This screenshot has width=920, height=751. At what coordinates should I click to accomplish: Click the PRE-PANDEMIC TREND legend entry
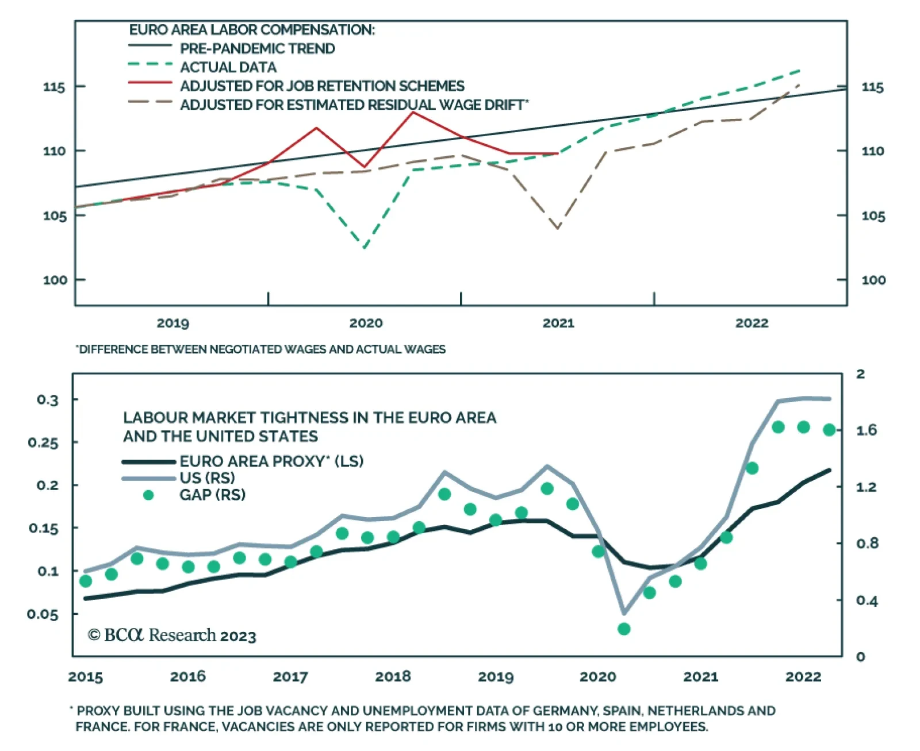click(257, 49)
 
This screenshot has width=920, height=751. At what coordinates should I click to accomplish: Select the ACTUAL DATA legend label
click(228, 68)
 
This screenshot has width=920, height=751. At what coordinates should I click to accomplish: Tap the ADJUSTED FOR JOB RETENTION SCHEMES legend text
click(322, 86)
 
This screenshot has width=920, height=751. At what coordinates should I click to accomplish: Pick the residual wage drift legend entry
click(354, 105)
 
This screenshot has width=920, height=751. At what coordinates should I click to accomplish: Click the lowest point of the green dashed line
click(365, 248)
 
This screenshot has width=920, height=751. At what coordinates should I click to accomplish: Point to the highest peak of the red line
click(413, 112)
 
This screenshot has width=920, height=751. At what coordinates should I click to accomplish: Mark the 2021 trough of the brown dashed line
click(558, 228)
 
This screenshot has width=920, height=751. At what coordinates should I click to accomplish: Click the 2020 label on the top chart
click(366, 323)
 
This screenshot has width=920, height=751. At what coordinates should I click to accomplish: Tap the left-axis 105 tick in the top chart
click(55, 216)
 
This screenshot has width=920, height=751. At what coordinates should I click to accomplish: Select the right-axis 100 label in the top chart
click(873, 280)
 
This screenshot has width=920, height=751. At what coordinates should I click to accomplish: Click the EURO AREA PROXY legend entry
click(271, 461)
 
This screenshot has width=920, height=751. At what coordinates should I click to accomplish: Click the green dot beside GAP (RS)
click(148, 495)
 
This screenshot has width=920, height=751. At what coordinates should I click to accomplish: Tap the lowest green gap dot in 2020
click(624, 629)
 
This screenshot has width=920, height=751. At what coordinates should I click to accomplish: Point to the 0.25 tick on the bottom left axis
click(43, 443)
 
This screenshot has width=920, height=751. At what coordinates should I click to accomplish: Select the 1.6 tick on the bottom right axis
click(866, 430)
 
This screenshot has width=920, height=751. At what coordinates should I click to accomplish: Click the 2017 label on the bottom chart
click(290, 677)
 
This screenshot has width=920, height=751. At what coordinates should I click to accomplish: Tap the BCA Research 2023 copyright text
click(172, 636)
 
